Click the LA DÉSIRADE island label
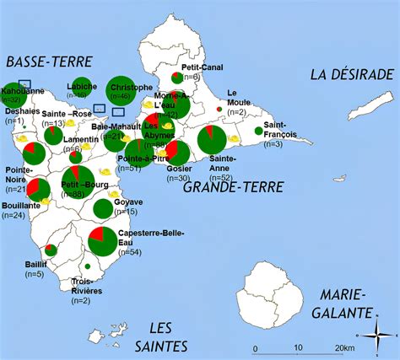pos(352,74)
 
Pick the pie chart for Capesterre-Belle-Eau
pos(103,241)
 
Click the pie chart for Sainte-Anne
pos(212,140)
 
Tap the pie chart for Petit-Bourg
pos(78,180)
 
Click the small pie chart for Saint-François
pos(258,131)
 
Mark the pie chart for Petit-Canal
pos(176,78)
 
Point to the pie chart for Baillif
pos(51,250)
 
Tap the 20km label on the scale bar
pos(344,348)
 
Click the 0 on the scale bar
pos(255,348)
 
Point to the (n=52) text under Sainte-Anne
pos(222,177)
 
